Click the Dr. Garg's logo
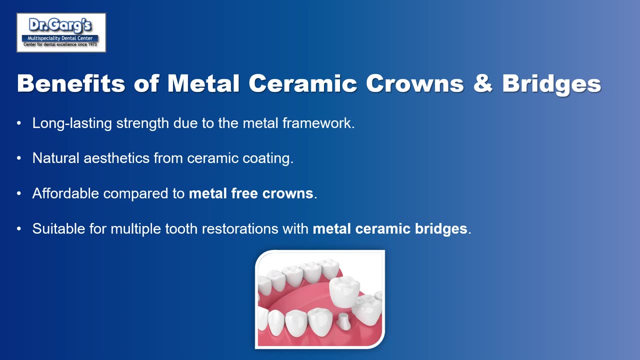click(x=61, y=32)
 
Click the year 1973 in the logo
click(x=92, y=44)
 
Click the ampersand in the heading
click(x=483, y=83)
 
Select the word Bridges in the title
click(x=551, y=84)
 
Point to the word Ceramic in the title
click(x=303, y=83)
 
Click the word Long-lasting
click(x=72, y=123)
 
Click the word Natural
click(x=55, y=158)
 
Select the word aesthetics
click(x=116, y=158)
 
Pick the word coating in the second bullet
click(x=268, y=158)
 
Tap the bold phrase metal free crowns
click(x=251, y=193)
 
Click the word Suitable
click(x=58, y=228)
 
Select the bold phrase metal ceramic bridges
click(x=390, y=229)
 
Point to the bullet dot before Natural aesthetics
click(x=19, y=158)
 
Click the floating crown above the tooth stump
click(x=344, y=291)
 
